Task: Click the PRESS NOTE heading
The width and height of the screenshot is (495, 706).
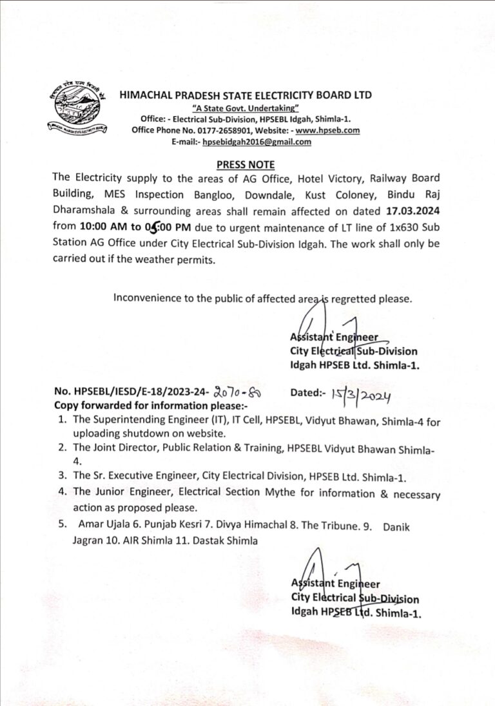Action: (x=245, y=164)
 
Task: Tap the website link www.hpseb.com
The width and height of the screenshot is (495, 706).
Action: (x=332, y=131)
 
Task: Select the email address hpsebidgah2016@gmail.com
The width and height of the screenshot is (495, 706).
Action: (x=257, y=142)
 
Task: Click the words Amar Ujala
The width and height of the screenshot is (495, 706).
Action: (x=103, y=526)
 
